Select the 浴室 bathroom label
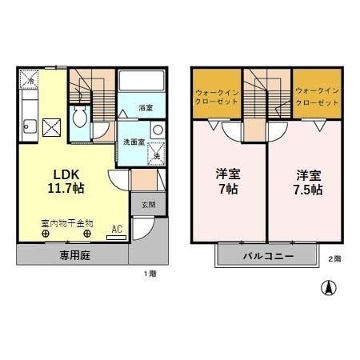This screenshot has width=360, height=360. click(145, 106)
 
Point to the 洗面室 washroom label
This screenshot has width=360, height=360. click(133, 142)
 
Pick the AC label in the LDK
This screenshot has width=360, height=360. click(117, 229)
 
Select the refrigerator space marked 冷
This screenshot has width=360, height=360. click(30, 81)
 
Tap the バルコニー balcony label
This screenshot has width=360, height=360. click(267, 257)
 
